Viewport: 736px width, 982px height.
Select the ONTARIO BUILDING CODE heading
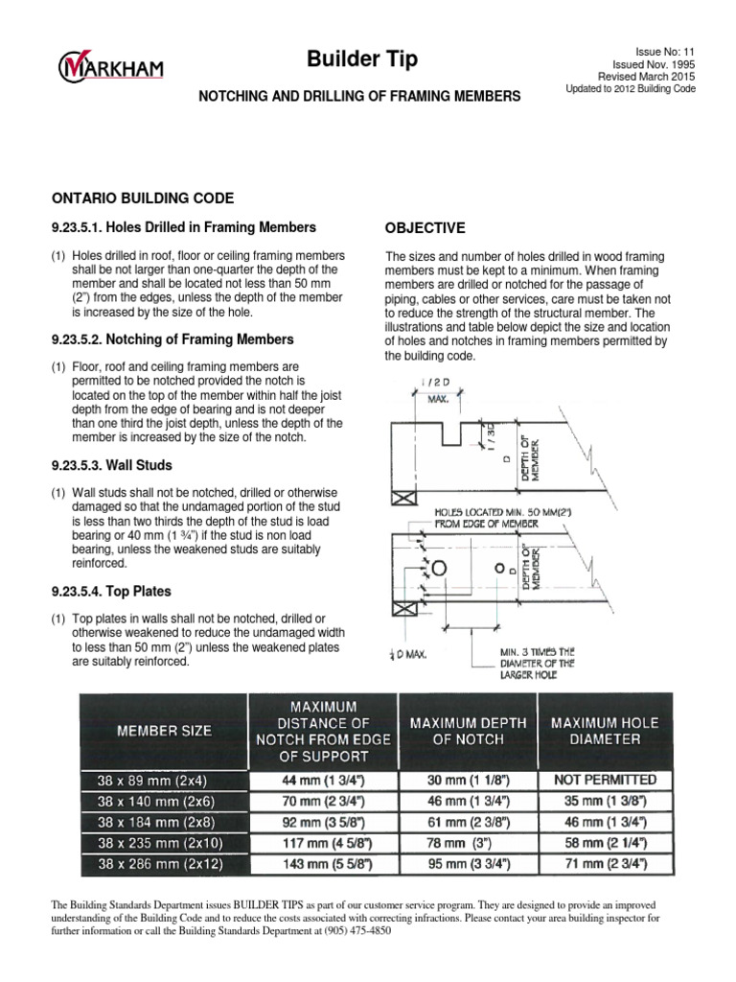(x=142, y=198)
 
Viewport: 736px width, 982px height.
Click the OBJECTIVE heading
(x=425, y=228)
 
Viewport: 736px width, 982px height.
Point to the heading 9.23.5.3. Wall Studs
(x=111, y=465)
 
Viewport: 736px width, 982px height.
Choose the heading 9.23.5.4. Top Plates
(x=110, y=592)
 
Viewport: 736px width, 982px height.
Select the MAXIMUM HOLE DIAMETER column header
(x=604, y=732)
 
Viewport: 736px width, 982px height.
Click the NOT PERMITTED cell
(x=604, y=780)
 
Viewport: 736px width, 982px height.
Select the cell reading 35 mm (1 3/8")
(x=604, y=801)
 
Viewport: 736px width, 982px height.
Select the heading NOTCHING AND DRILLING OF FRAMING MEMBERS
(x=358, y=96)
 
